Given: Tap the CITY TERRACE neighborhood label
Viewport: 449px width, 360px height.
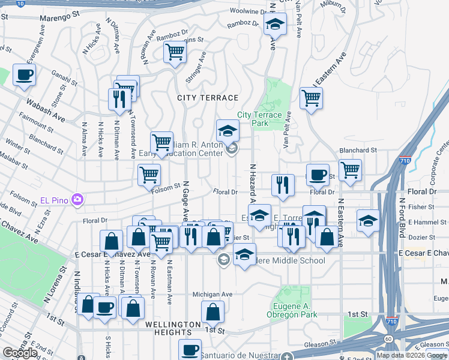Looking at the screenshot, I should click(208, 97).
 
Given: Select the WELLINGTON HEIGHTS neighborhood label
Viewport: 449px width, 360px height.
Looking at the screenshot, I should click(172, 324).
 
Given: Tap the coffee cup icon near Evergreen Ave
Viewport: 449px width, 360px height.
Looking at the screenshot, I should click(24, 76).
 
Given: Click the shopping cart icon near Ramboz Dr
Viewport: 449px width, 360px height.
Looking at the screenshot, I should click(175, 52).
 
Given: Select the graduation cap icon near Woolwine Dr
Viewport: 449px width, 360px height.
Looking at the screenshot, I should click(275, 25).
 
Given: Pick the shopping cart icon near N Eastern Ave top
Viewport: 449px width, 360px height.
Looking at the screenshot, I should click(311, 98).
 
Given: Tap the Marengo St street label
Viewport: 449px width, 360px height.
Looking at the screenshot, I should click(59, 15).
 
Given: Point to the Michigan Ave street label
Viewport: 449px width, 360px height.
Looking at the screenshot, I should click(212, 295).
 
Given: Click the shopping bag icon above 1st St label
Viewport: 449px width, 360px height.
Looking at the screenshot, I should click(212, 312).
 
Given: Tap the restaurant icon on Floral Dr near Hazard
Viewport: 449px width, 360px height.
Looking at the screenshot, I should click(283, 185).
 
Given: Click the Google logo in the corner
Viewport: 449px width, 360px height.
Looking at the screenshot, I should click(20, 353).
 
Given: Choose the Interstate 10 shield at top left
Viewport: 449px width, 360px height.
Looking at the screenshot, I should click(20, 3).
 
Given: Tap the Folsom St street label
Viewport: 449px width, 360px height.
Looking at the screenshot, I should click(169, 186).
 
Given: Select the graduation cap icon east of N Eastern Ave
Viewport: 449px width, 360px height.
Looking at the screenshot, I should click(368, 220).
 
